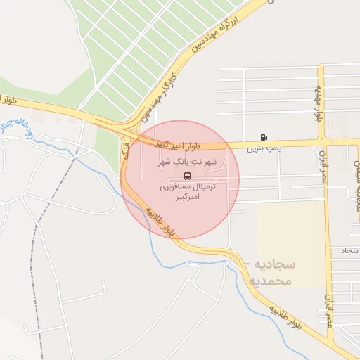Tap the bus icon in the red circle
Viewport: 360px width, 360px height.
(x=187, y=175)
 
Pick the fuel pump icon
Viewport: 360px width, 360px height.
(x=263, y=137)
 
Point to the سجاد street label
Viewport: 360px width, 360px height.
(x=349, y=250)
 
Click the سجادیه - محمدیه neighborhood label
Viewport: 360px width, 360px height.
(x=271, y=272)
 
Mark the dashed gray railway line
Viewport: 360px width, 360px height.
(x=32, y=267)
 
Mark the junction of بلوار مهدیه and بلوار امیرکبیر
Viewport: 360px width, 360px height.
(x=321, y=143)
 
